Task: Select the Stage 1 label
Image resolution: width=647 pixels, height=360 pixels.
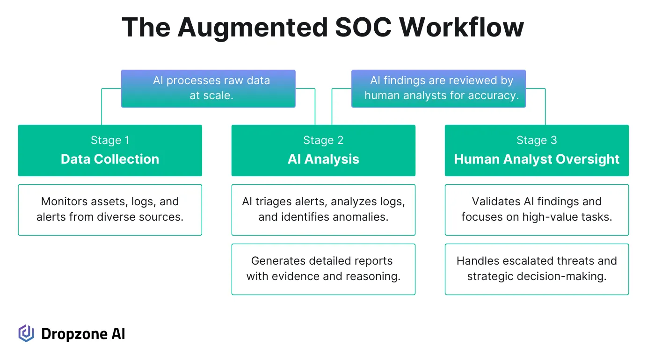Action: pyautogui.click(x=110, y=140)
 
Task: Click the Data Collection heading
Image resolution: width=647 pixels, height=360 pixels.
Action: pyautogui.click(x=110, y=159)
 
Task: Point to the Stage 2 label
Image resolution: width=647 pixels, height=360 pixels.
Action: pyautogui.click(x=323, y=140)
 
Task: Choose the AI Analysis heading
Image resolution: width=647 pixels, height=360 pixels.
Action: pyautogui.click(x=323, y=159)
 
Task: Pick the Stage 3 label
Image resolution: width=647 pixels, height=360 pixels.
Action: pyautogui.click(x=537, y=140)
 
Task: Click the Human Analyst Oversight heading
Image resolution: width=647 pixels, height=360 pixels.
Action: pyautogui.click(x=537, y=159)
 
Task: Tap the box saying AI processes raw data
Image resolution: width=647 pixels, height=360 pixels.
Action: pyautogui.click(x=208, y=88)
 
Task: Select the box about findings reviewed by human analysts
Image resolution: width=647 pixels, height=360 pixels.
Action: pyautogui.click(x=438, y=88)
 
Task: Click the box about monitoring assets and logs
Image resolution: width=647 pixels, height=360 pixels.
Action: pyautogui.click(x=110, y=209)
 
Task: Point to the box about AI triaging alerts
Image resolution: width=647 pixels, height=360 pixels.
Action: pyautogui.click(x=323, y=209)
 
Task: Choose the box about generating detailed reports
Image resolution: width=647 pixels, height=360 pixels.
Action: pyautogui.click(x=323, y=269)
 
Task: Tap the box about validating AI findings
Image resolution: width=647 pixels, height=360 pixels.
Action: pyautogui.click(x=537, y=209)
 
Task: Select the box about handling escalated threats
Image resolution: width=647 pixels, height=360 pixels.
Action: pyautogui.click(x=537, y=269)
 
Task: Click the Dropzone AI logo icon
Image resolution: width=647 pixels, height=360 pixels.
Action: pyautogui.click(x=26, y=333)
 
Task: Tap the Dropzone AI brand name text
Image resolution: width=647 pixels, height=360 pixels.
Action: pyautogui.click(x=83, y=334)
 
